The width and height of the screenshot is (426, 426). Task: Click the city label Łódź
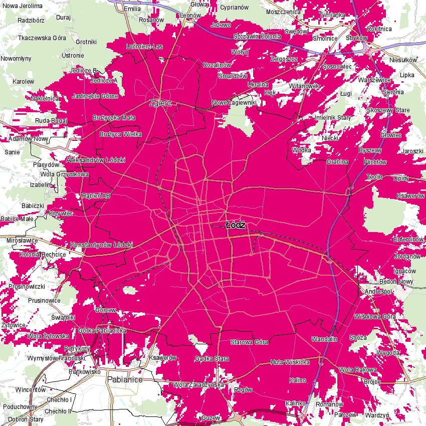(235, 225)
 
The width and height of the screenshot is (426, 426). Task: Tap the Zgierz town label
(160, 103)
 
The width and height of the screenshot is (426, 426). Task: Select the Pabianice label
(125, 380)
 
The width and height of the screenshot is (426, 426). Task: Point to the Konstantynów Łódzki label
(102, 245)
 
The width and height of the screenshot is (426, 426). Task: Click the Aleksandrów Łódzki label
(96, 160)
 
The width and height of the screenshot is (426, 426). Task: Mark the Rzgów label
(243, 390)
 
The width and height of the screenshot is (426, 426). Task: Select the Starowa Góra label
(249, 342)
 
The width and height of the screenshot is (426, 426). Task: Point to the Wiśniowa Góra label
(375, 317)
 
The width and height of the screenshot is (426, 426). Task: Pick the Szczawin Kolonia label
(257, 37)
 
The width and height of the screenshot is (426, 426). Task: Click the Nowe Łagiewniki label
(234, 102)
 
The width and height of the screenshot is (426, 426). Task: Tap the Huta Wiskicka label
(289, 362)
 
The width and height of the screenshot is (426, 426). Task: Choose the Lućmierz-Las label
(145, 46)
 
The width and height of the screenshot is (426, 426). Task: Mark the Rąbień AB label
(96, 196)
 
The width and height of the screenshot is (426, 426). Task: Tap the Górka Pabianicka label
(102, 331)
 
